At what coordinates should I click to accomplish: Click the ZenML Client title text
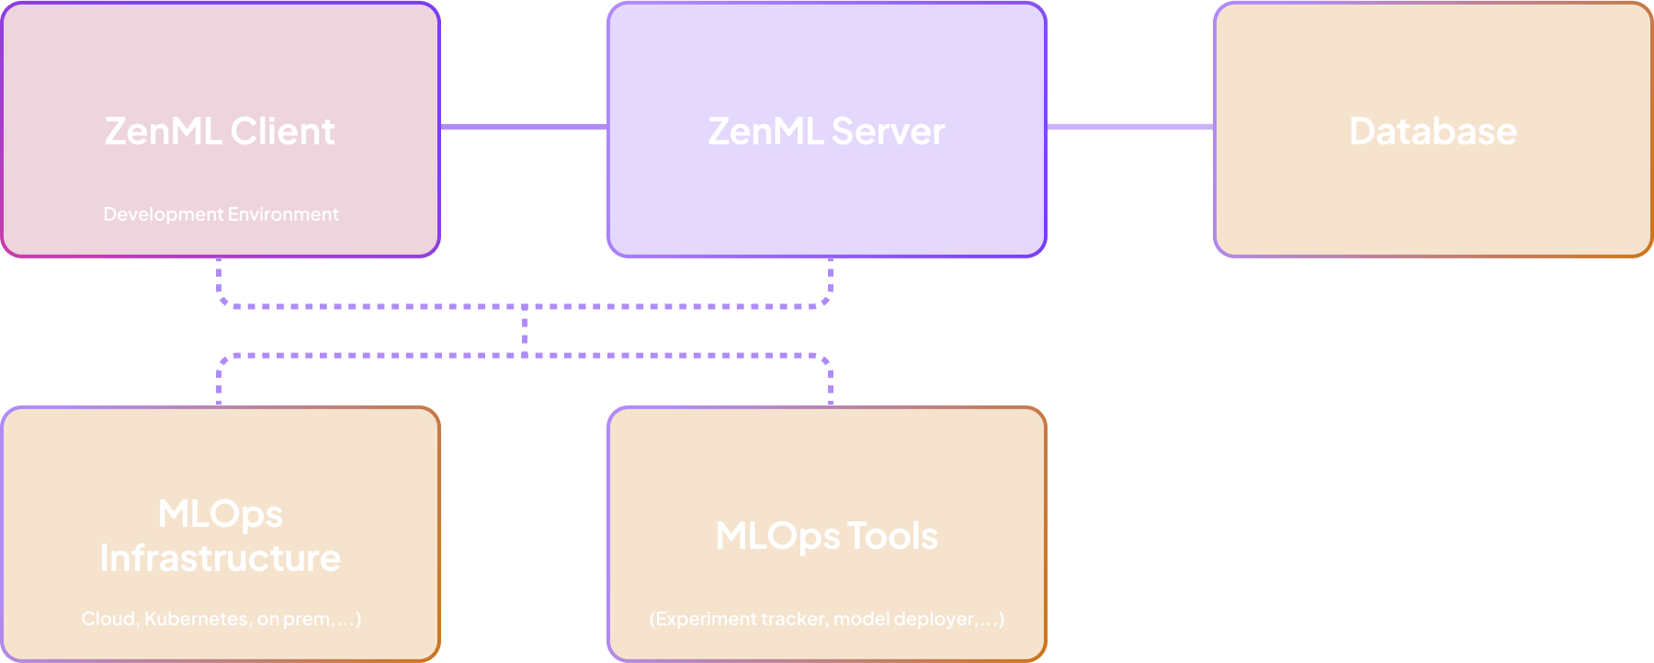219,131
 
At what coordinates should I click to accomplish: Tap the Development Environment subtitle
221,214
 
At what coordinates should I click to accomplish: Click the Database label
1433,131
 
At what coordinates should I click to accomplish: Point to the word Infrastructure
221,558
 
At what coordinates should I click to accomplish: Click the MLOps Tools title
826,536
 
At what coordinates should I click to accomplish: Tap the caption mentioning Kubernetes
221,619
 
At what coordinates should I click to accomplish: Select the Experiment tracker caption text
826,619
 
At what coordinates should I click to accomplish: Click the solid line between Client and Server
524,126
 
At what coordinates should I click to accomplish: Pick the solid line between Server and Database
1130,126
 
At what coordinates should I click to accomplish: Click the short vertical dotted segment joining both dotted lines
525,331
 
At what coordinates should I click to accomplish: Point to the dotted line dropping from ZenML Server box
831,279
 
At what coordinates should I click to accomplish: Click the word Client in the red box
282,131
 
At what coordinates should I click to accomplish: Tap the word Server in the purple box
888,131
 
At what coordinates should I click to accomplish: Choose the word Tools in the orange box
891,536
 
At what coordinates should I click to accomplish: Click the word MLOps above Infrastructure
221,514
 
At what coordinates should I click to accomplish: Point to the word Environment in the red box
284,214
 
